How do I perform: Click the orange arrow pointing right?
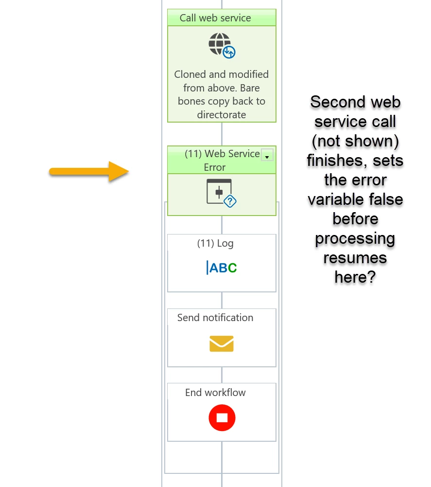[89, 171]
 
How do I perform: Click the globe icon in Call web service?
[222, 45]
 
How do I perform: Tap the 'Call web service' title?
[215, 18]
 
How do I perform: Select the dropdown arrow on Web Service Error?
[267, 155]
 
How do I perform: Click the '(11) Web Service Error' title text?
[222, 160]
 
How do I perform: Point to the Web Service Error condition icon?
[222, 193]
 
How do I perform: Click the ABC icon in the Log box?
[222, 268]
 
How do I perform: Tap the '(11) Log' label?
[215, 243]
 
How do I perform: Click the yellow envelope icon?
[222, 343]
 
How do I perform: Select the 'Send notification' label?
[215, 318]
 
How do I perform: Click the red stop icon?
[222, 418]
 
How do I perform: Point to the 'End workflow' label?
[215, 393]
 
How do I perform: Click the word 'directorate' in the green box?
[222, 115]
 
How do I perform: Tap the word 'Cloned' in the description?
[190, 74]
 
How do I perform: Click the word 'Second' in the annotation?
[333, 102]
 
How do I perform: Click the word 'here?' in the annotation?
[355, 277]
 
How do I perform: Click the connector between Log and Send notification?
[222, 300]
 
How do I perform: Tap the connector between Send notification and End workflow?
[222, 375]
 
